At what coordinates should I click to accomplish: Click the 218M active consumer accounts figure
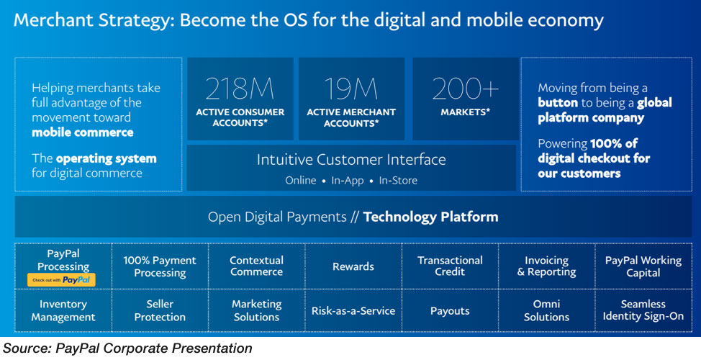(x=240, y=89)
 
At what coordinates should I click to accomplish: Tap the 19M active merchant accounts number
(x=351, y=89)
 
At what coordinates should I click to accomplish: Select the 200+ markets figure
(x=466, y=89)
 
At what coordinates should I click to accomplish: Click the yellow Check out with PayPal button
(x=61, y=280)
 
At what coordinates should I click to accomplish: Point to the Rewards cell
(x=353, y=266)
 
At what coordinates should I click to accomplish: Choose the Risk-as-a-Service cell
(x=353, y=311)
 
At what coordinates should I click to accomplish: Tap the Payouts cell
(x=450, y=311)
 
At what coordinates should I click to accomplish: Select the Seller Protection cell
(x=160, y=310)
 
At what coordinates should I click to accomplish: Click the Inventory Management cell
(x=63, y=310)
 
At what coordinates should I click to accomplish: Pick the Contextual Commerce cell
(x=257, y=266)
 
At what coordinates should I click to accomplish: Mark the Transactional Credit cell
(x=450, y=266)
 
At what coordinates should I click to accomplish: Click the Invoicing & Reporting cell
(x=546, y=266)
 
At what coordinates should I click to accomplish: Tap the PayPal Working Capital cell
(x=643, y=266)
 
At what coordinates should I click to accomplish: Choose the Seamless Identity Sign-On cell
(x=643, y=310)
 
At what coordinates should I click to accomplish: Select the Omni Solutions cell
(x=546, y=310)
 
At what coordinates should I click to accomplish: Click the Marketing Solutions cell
(x=257, y=310)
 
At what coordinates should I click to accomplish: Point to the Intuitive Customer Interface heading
(x=351, y=160)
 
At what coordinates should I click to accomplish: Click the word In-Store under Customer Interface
(x=398, y=180)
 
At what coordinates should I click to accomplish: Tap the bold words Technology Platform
(x=430, y=217)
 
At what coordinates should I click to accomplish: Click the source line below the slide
(x=127, y=348)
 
